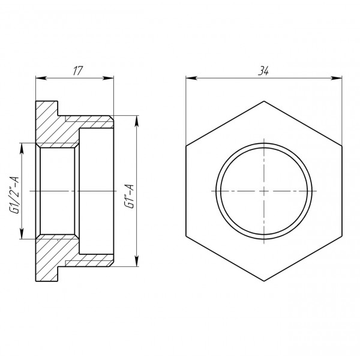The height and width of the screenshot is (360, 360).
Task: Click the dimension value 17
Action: pos(77,71)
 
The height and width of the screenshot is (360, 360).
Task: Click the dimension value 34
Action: pos(263,71)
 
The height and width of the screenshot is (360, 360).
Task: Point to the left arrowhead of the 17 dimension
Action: pos(40,77)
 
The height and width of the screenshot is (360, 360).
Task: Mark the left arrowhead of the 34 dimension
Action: pos(189,77)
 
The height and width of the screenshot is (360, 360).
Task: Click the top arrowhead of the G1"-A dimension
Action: pos(137,118)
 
